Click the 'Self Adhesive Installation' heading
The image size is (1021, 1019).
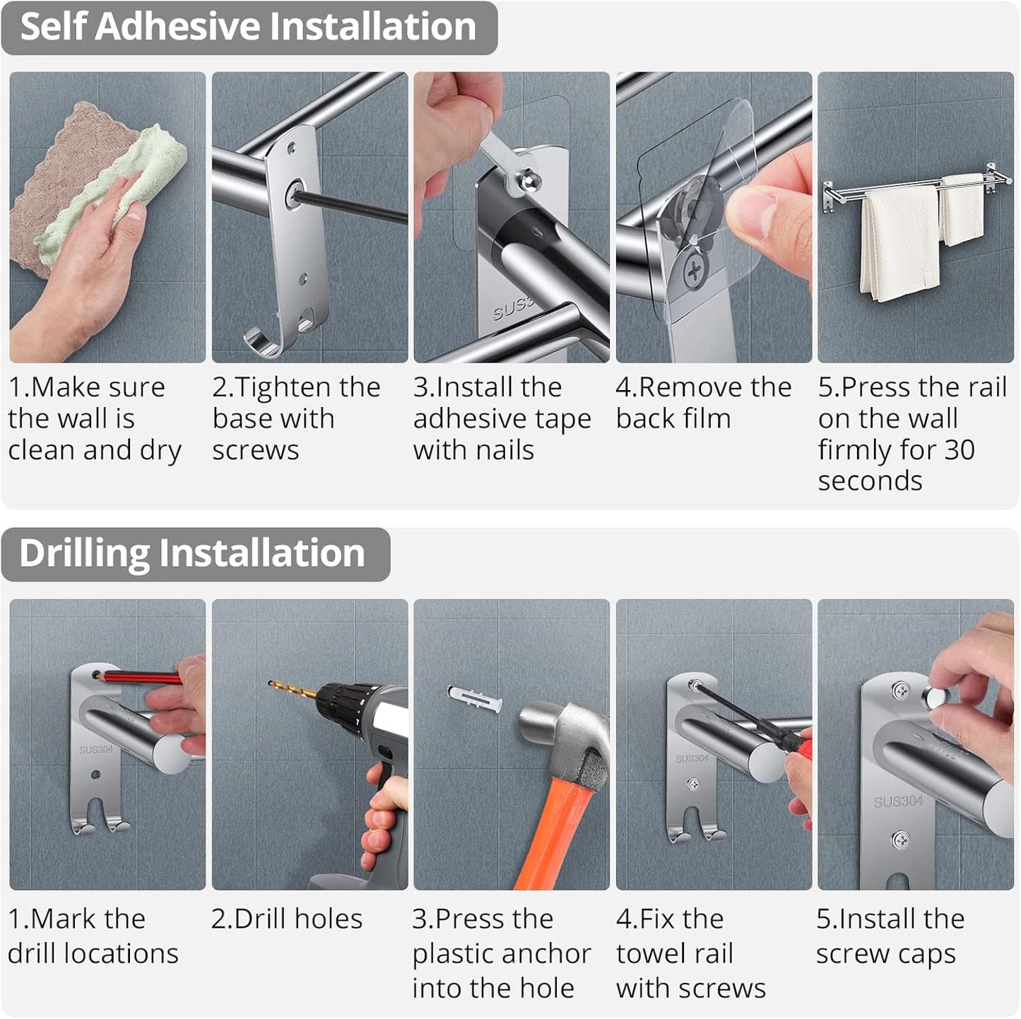coord(248,27)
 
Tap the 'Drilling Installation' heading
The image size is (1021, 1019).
coord(191,553)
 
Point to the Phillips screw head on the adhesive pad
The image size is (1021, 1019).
coord(695,270)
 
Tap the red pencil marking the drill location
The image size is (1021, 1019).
coord(141,678)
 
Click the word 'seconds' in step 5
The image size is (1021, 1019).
coord(870,481)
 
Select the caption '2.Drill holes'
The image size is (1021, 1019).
coord(286,919)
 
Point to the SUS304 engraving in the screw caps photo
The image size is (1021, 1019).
coord(898,801)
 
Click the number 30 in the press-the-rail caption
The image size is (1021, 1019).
coord(958,450)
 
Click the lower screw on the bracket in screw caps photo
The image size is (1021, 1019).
coord(900,840)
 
